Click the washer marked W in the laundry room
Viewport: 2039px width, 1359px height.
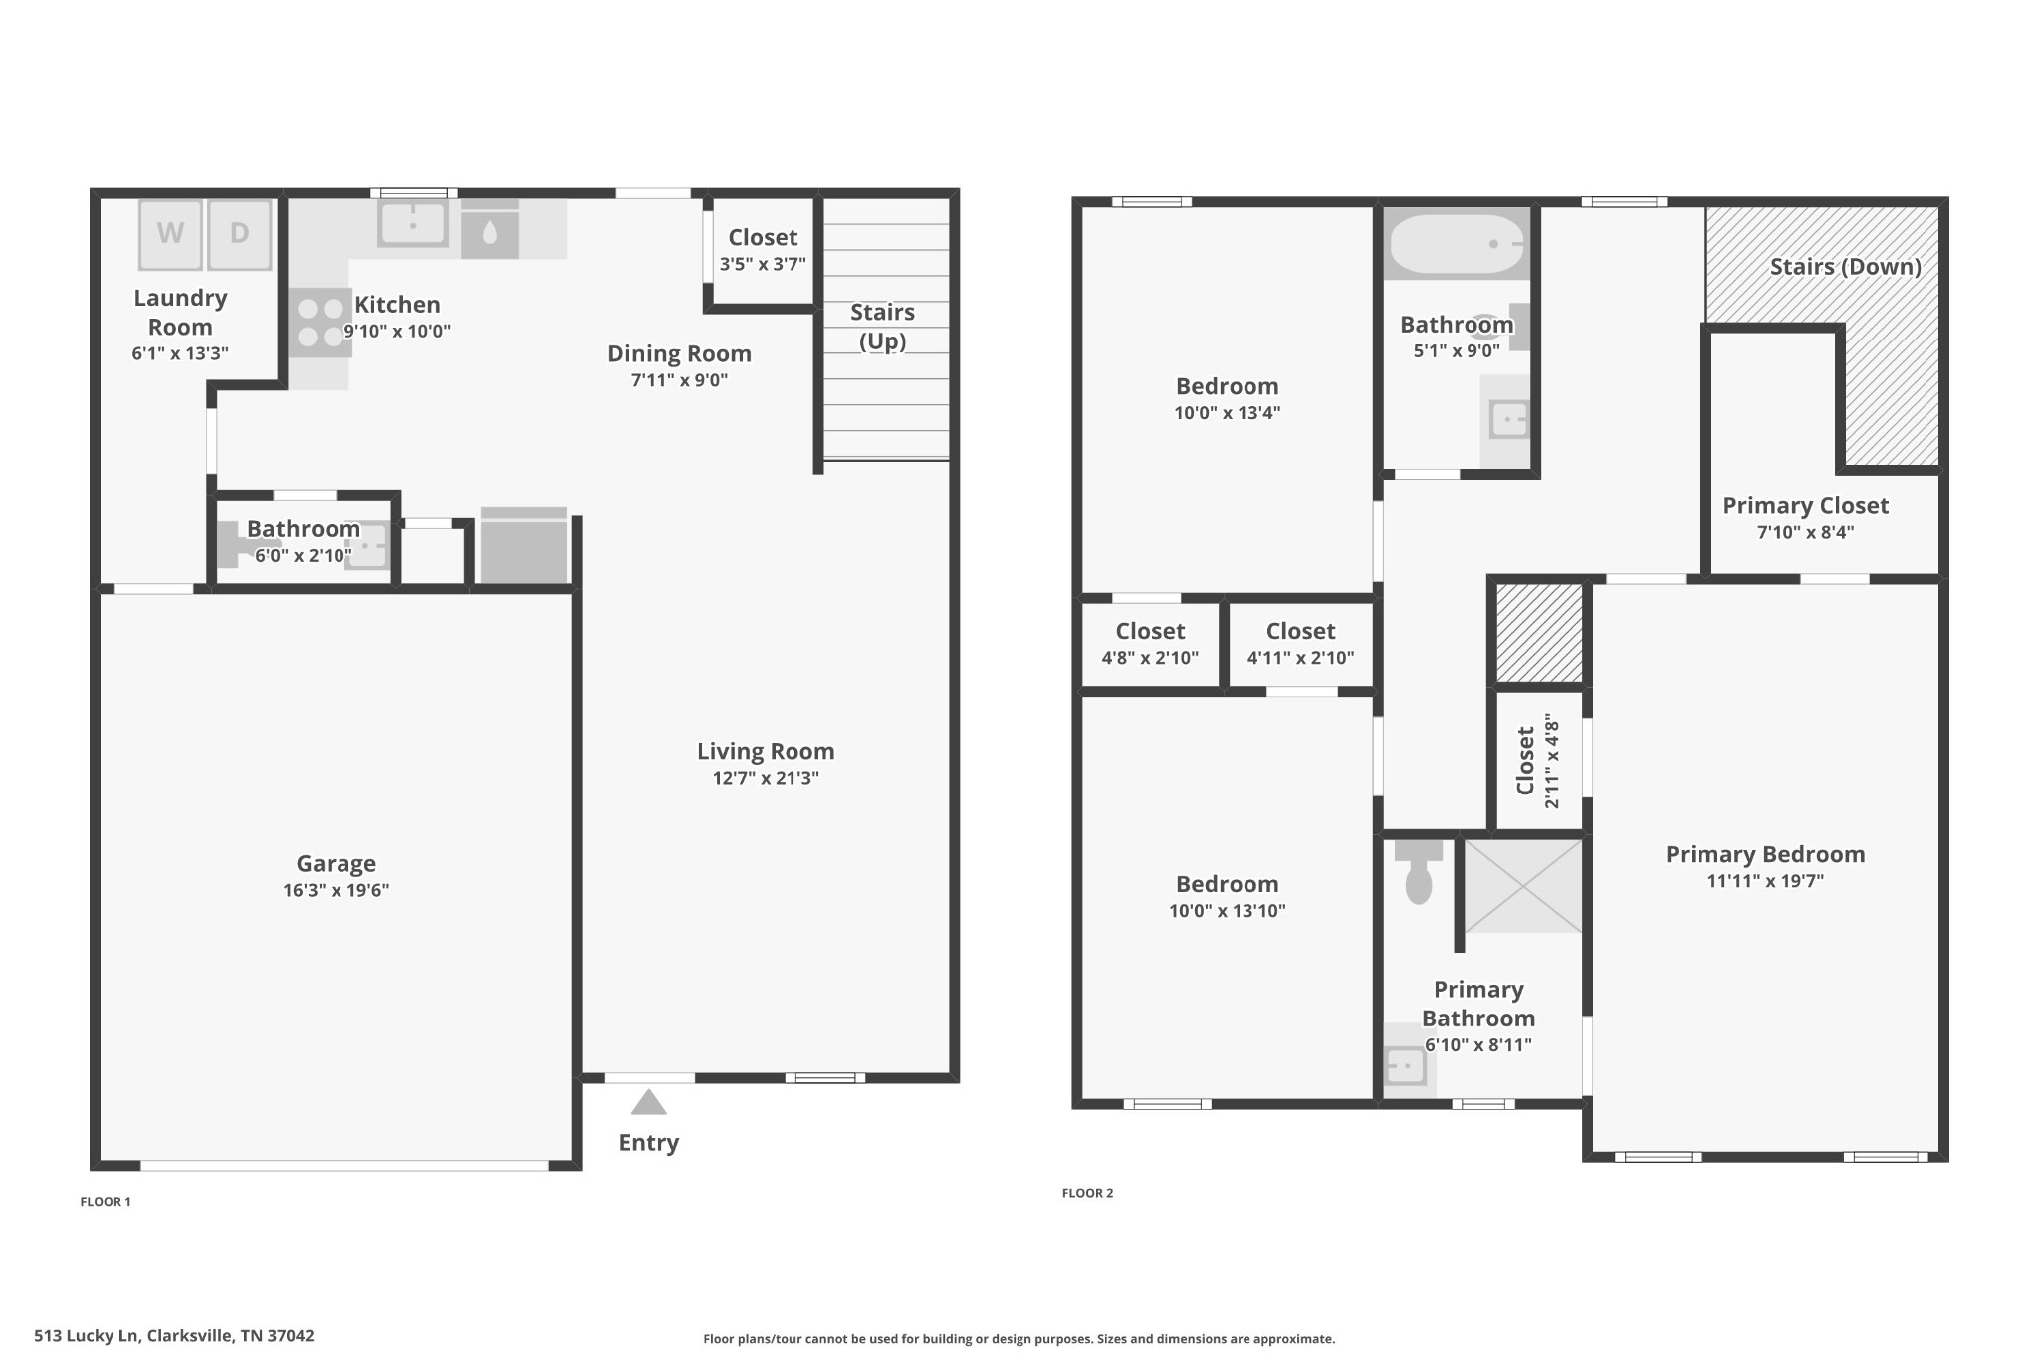coord(171,235)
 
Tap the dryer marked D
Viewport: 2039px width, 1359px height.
coord(240,235)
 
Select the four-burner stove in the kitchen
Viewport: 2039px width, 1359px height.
coord(321,323)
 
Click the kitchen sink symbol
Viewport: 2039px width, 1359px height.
coord(413,224)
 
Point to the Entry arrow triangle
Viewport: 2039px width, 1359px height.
coord(649,1102)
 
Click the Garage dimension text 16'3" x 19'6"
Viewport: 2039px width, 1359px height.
coord(336,890)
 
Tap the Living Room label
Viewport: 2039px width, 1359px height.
coord(766,751)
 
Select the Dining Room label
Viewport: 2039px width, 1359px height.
coord(679,353)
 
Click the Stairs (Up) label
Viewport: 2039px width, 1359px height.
coord(882,327)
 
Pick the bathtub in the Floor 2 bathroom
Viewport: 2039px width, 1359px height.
coord(1457,244)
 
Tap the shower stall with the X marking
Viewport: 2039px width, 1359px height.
coord(1522,886)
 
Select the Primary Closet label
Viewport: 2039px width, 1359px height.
coord(1805,505)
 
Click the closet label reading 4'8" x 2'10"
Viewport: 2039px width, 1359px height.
coord(1150,658)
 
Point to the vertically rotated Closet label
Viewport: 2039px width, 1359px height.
coord(1525,761)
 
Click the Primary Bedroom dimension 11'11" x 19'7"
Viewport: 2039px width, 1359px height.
coord(1765,881)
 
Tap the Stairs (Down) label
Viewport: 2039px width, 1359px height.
coord(1845,267)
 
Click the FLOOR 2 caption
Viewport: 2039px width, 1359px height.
coord(1087,1193)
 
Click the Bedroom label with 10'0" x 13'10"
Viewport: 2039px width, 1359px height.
coord(1227,884)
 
